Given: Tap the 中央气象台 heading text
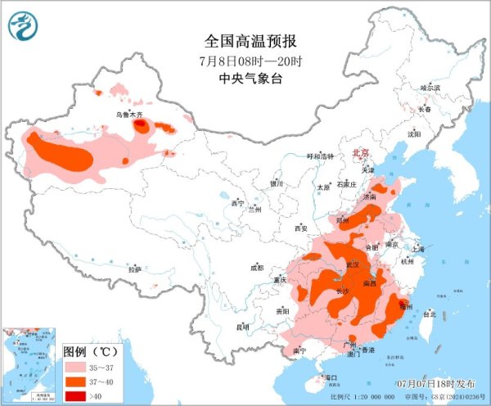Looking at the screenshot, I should [x=245, y=79].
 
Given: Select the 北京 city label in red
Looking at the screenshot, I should [x=360, y=153].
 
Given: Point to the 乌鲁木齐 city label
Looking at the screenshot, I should [x=128, y=115].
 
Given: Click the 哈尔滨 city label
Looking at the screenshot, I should [x=430, y=88].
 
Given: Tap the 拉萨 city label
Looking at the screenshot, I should [x=135, y=268].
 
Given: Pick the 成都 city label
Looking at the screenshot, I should [x=257, y=267].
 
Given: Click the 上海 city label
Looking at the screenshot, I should [x=417, y=248].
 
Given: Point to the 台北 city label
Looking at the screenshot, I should [x=428, y=313].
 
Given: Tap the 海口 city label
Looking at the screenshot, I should [x=331, y=377].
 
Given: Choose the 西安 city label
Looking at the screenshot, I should [x=300, y=228].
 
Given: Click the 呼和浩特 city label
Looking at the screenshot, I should [x=321, y=156].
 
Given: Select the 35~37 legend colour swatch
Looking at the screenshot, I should [x=74, y=369].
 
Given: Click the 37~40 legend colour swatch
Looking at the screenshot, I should [x=74, y=382].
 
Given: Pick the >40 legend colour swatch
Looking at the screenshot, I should [x=74, y=395].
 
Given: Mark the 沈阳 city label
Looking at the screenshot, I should [x=415, y=133].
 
